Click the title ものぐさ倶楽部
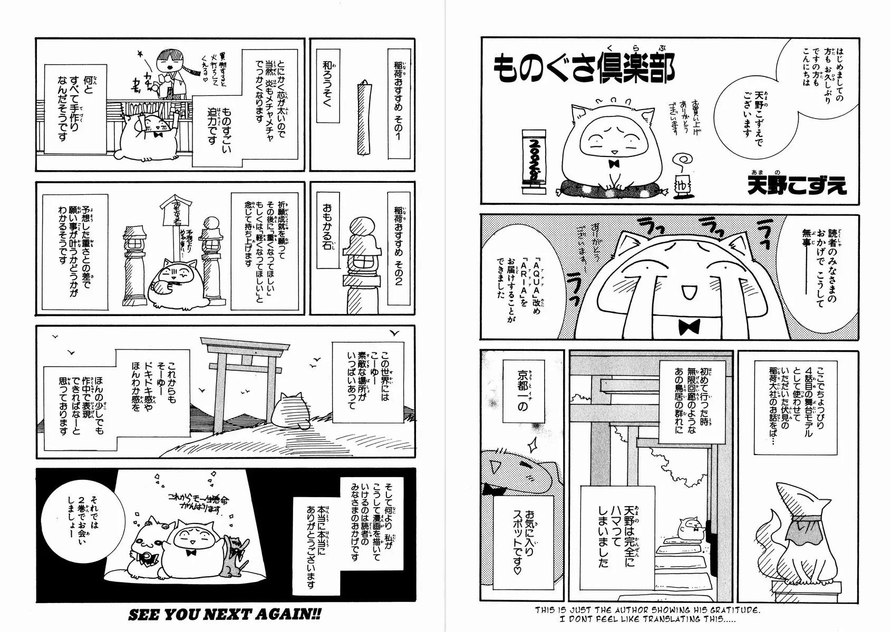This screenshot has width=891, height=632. (584, 70)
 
